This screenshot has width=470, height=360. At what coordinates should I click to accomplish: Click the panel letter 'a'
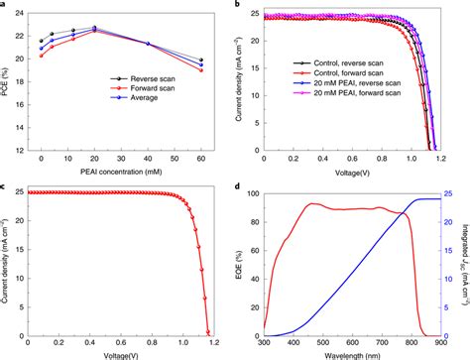coord(5,5)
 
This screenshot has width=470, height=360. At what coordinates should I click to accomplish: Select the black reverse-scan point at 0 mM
coord(42,42)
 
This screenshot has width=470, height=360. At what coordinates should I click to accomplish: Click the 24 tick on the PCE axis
coord(26,14)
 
